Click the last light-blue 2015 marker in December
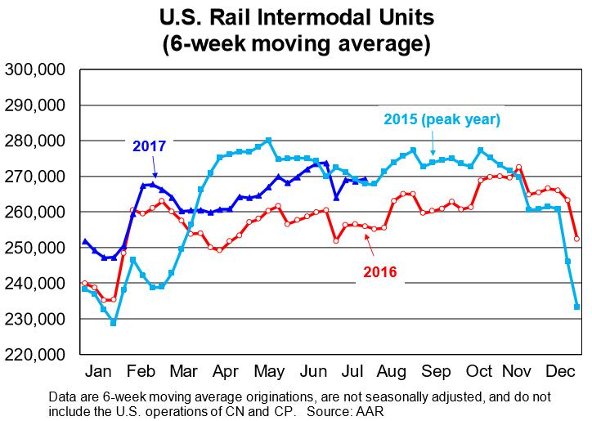[x=577, y=307]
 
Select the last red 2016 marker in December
[x=577, y=239]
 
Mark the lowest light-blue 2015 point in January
[x=114, y=323]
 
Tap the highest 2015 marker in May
[x=268, y=141]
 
